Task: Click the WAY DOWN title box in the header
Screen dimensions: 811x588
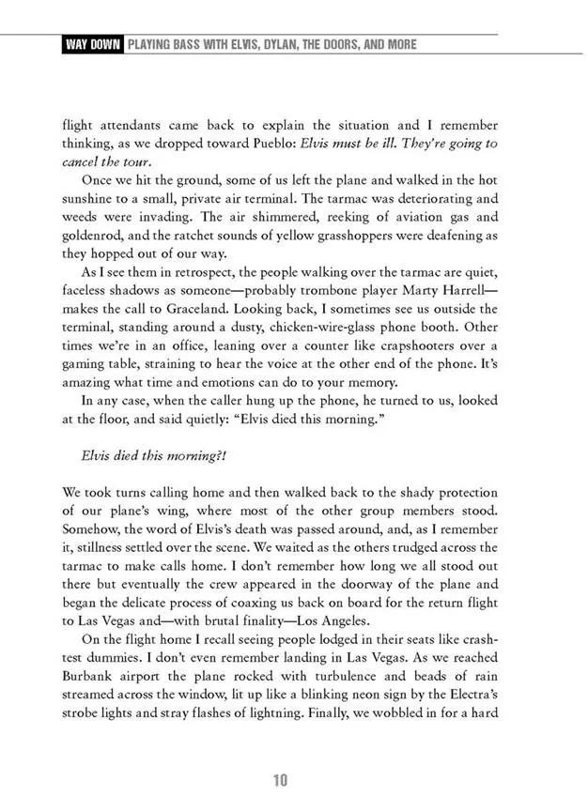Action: [x=91, y=44]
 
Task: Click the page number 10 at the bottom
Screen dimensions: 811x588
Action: [x=280, y=781]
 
